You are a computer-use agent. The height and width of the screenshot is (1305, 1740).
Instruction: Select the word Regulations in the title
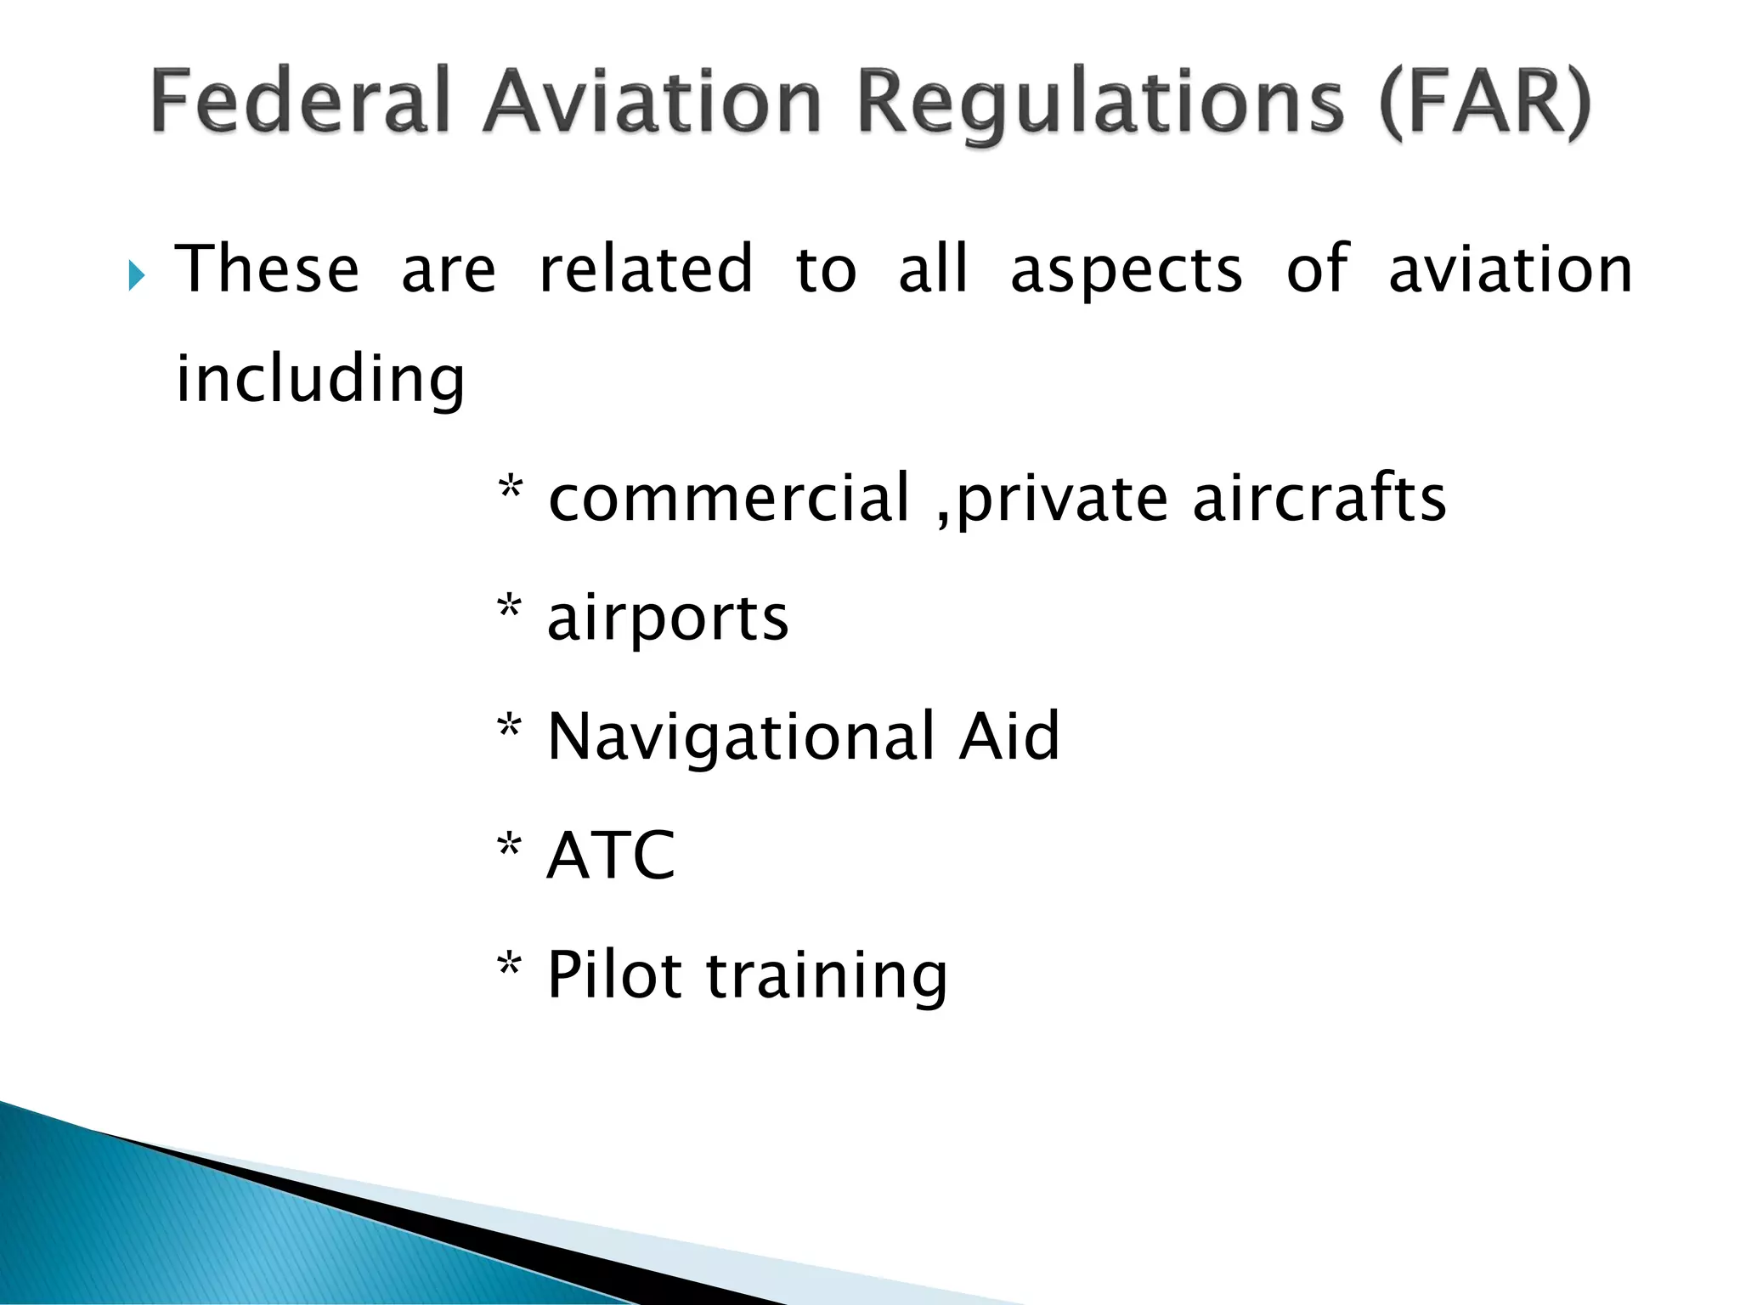tap(1101, 104)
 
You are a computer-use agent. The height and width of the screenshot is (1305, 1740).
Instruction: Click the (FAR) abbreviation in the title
tap(1485, 104)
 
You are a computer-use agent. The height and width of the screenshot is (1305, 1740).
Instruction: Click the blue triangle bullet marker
tap(136, 275)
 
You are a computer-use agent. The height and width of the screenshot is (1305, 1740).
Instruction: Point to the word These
tap(268, 269)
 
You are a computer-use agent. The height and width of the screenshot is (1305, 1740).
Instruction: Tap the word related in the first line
tap(646, 269)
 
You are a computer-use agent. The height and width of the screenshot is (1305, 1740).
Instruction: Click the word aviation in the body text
tap(1510, 269)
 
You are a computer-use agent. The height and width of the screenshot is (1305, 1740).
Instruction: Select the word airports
tap(668, 619)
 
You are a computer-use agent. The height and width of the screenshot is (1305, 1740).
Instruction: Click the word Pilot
tap(614, 975)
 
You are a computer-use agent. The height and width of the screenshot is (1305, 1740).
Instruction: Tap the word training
tap(827, 976)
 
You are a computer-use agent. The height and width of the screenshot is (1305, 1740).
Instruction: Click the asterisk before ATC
tap(509, 846)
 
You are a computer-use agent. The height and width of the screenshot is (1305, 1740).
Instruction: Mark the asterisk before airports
tap(509, 607)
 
